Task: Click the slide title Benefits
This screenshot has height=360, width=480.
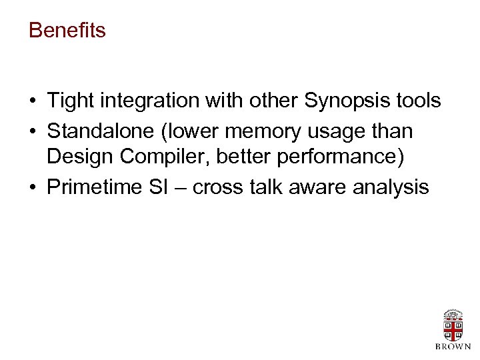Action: coord(67,31)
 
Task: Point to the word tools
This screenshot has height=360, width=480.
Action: coord(416,101)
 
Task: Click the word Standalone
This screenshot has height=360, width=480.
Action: coord(97,131)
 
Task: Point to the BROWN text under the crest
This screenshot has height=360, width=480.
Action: coord(453,347)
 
